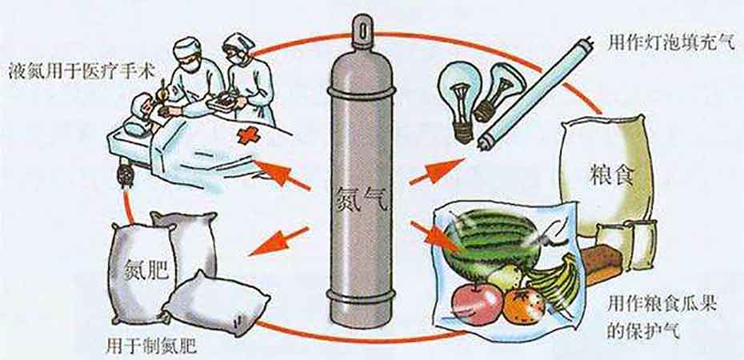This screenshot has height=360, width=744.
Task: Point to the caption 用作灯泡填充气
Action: [x=671, y=44]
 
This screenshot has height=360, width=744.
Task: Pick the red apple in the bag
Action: [x=477, y=304]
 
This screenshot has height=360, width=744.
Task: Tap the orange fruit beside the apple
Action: [x=524, y=306]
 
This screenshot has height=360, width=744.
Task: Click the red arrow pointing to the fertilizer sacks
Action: [x=279, y=240]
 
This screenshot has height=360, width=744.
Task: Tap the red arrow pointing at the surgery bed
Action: [x=282, y=174]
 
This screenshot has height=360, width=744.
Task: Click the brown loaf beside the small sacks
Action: [x=601, y=265]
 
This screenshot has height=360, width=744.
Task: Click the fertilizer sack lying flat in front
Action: [x=216, y=303]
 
